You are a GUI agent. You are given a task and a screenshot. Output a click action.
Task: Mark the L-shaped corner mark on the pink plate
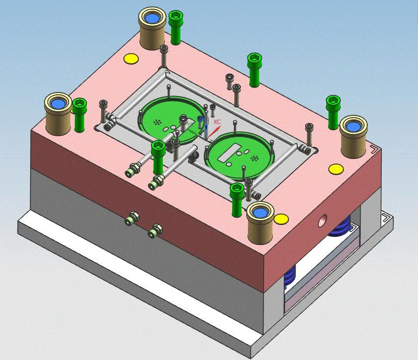pos(374,150)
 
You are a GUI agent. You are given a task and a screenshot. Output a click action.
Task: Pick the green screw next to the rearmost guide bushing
pos(176,27)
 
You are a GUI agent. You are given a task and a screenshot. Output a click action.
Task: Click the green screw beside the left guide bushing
pos(80,114)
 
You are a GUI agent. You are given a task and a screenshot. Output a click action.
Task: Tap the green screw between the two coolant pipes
pos(157,157)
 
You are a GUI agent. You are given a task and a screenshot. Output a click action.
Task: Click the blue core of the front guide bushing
pos(260,213)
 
